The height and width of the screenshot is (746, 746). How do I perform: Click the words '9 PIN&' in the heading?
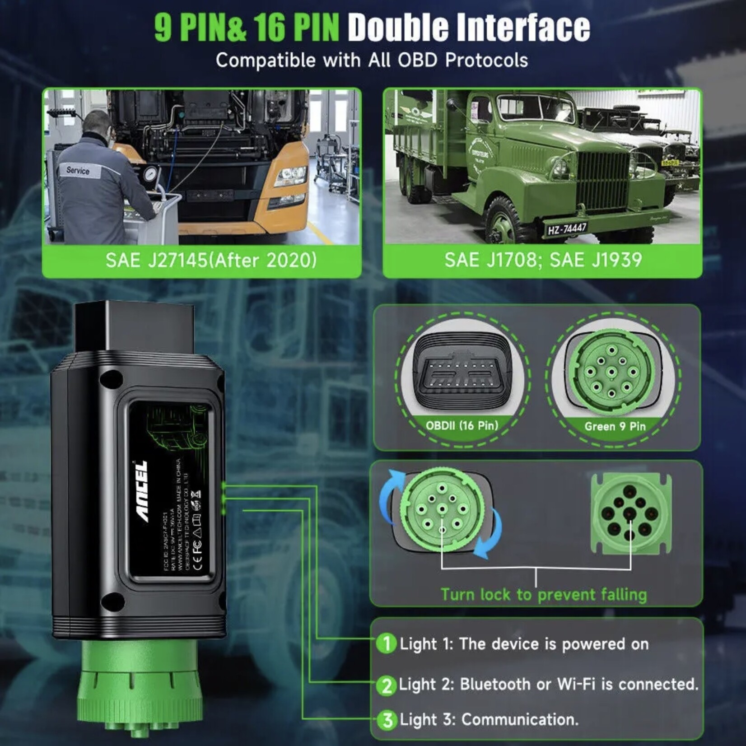[201, 28]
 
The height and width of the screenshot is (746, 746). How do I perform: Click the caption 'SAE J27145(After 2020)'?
[211, 261]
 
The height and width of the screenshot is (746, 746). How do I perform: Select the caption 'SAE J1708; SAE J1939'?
[543, 260]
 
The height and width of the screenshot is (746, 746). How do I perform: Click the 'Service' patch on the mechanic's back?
[78, 171]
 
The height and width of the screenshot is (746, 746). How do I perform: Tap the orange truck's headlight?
[290, 176]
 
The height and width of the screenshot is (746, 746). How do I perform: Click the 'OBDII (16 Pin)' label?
[462, 425]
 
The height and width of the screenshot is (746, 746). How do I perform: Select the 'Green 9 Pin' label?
[615, 426]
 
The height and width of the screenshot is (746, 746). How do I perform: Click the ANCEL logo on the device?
[142, 491]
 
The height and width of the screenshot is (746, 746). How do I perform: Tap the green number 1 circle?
[386, 643]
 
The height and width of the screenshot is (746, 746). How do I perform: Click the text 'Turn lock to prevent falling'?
[543, 594]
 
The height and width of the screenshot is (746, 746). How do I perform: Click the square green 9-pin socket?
[631, 513]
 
